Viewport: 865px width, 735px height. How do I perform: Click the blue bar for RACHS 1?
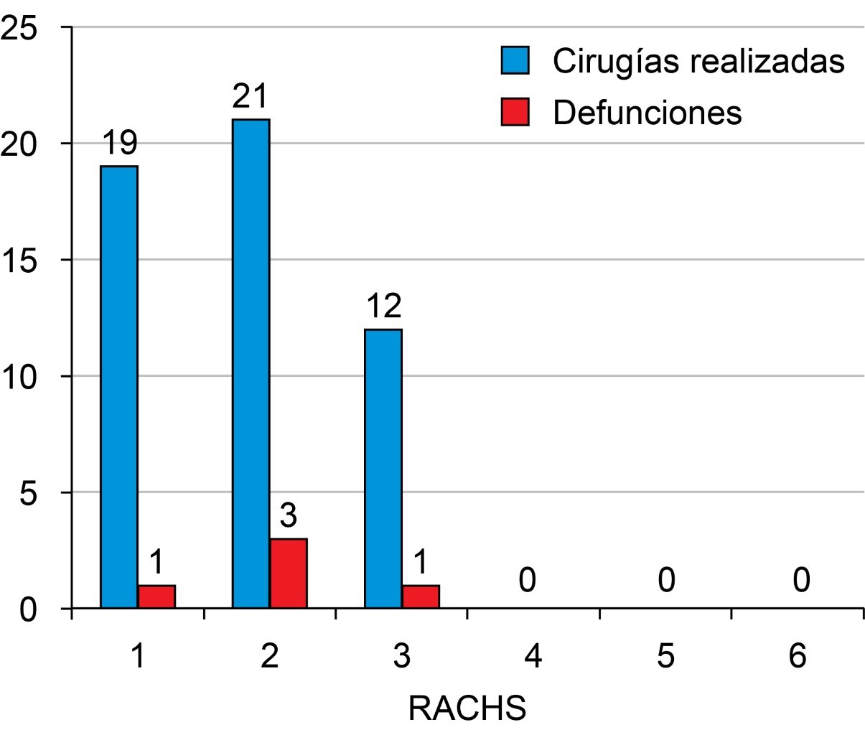coord(119,387)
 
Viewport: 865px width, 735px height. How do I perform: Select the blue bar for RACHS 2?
coord(251,364)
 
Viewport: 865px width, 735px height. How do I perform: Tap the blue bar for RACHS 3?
coord(383,469)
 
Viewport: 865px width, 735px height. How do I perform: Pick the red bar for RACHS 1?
coord(156,597)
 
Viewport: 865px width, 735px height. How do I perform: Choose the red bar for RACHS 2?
coord(289,574)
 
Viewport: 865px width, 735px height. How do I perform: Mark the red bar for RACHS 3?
coord(421,597)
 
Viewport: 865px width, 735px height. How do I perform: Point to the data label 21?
coord(250,97)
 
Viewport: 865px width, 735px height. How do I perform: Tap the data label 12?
coord(383,307)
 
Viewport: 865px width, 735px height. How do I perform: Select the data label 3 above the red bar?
coord(289,516)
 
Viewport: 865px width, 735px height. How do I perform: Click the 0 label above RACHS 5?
coord(666,580)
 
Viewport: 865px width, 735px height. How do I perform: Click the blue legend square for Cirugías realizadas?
coord(515,61)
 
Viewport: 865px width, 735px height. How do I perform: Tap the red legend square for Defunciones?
coord(515,112)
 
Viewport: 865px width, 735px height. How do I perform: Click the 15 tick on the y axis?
coord(19,260)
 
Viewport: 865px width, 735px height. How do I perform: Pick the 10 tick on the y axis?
coord(19,376)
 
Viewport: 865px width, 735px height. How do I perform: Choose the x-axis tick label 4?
coord(533,656)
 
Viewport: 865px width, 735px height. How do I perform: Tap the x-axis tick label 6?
coord(798,656)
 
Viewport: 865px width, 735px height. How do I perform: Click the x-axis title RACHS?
coord(467,708)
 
